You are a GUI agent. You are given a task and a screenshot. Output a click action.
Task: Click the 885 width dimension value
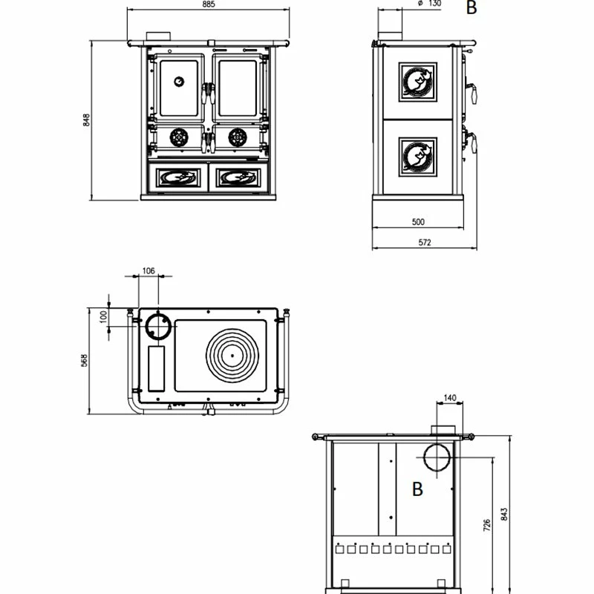pyautogui.click(x=208, y=4)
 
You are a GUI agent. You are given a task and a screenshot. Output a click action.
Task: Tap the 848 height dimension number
pyautogui.click(x=86, y=120)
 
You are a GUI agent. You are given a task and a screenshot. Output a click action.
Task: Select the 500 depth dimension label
pyautogui.click(x=417, y=221)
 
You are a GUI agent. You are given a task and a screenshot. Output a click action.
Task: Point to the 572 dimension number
pyautogui.click(x=425, y=243)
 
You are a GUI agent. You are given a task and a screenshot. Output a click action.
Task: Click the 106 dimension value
pyautogui.click(x=148, y=271)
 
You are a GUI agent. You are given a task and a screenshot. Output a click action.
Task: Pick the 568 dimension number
pyautogui.click(x=85, y=359)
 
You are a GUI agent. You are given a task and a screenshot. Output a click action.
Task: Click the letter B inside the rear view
pyautogui.click(x=417, y=489)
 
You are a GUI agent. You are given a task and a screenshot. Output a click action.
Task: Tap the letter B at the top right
pyautogui.click(x=471, y=8)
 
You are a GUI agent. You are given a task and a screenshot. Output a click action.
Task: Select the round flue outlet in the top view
pyautogui.click(x=158, y=326)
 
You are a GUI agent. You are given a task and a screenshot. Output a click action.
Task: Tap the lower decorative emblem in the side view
pyautogui.click(x=418, y=156)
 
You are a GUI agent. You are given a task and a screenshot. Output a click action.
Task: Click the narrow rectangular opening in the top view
pyautogui.click(x=157, y=368)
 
